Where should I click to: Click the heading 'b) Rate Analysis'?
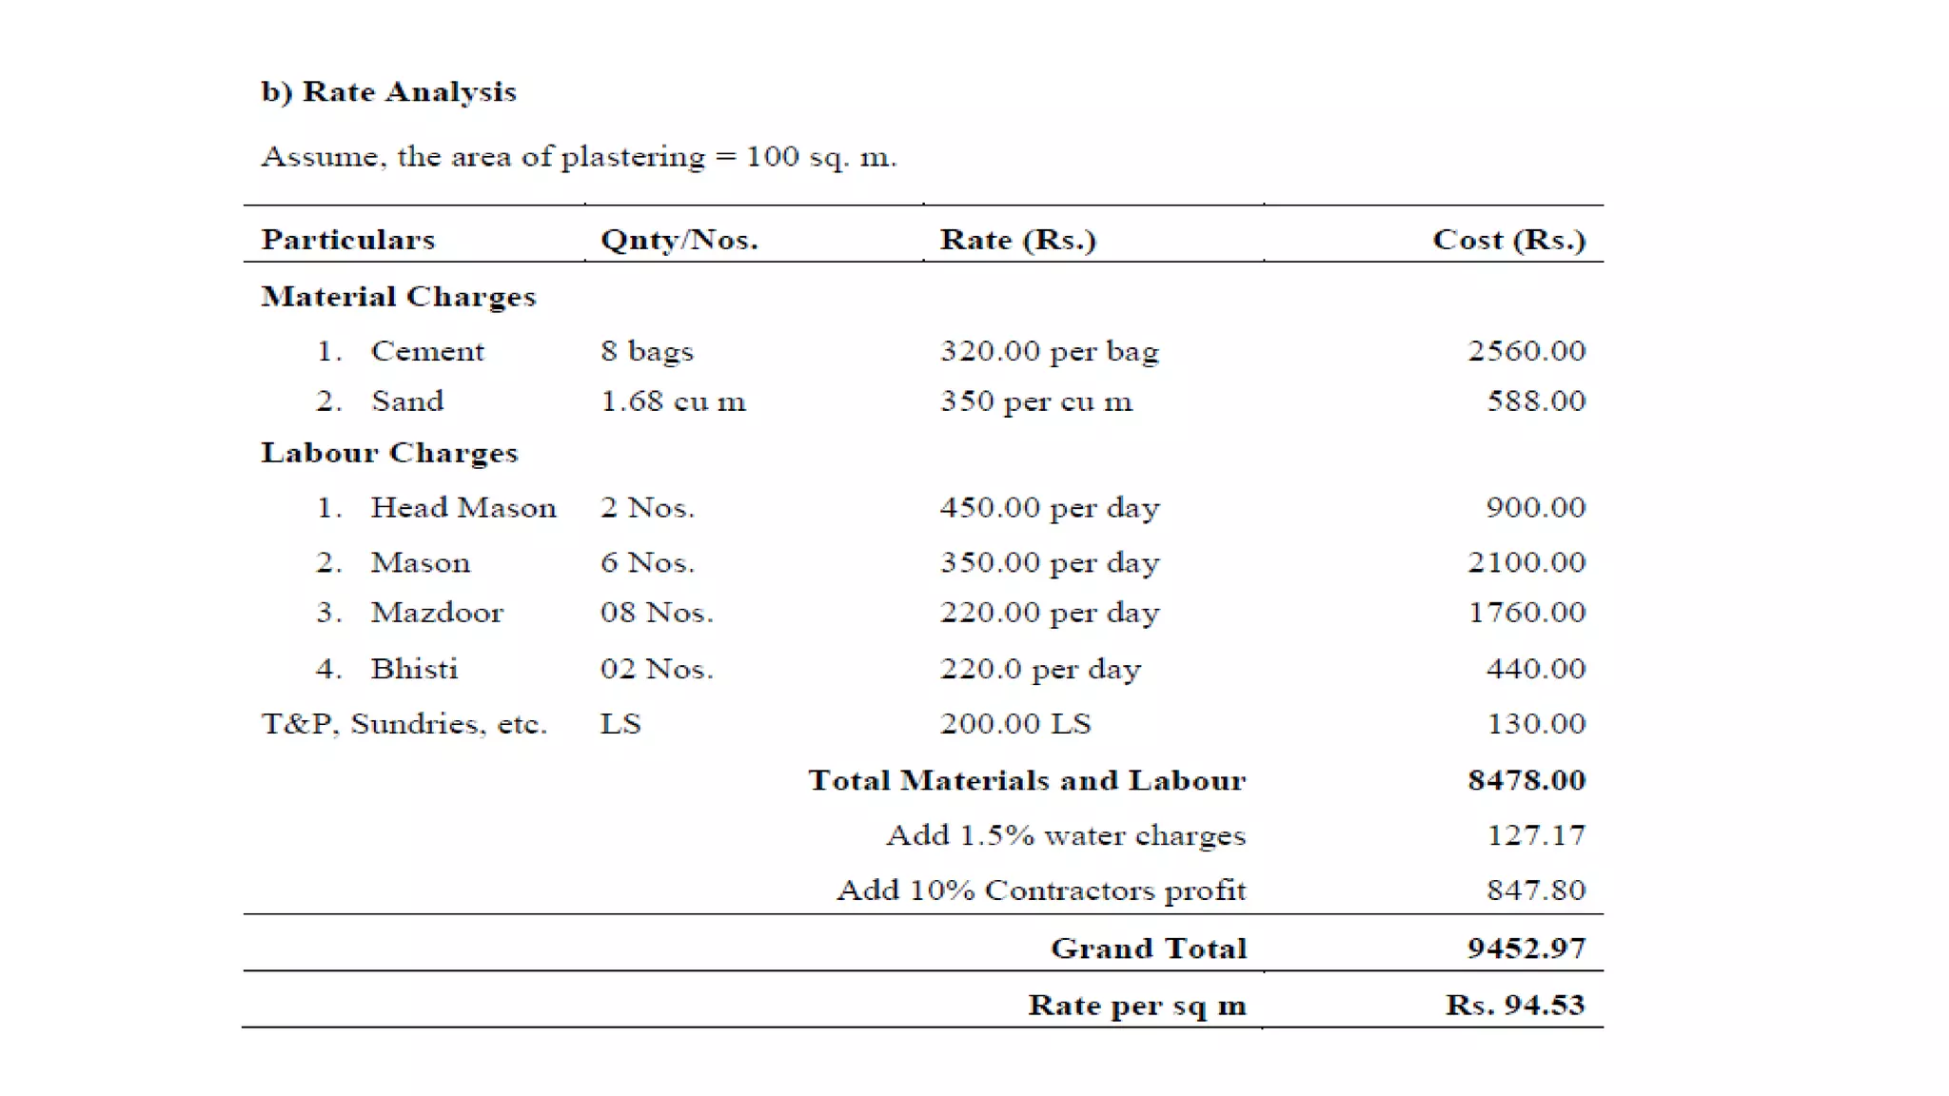coord(388,92)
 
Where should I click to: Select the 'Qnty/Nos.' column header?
coord(679,240)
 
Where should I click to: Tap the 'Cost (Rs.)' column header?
coord(1508,240)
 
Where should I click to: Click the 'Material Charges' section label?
coord(398,297)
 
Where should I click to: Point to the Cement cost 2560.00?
coord(1526,351)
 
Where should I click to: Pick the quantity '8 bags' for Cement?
coord(646,351)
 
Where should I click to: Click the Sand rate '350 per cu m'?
coord(1035,401)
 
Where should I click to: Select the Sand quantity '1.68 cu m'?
coord(672,401)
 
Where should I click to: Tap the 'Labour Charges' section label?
coord(389,453)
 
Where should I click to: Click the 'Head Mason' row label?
coord(463,508)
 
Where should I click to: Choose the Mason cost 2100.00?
coord(1526,562)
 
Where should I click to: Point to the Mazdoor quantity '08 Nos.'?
coord(656,613)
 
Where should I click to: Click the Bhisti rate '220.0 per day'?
coord(1039,669)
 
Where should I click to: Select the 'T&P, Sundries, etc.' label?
coord(404,724)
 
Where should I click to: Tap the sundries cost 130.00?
coord(1535,724)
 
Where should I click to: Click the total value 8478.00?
coord(1526,780)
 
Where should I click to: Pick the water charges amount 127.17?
coord(1535,835)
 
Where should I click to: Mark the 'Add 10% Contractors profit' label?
coord(1040,890)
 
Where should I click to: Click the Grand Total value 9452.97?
coord(1526,949)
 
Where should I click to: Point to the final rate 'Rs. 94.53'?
coord(1514,1006)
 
